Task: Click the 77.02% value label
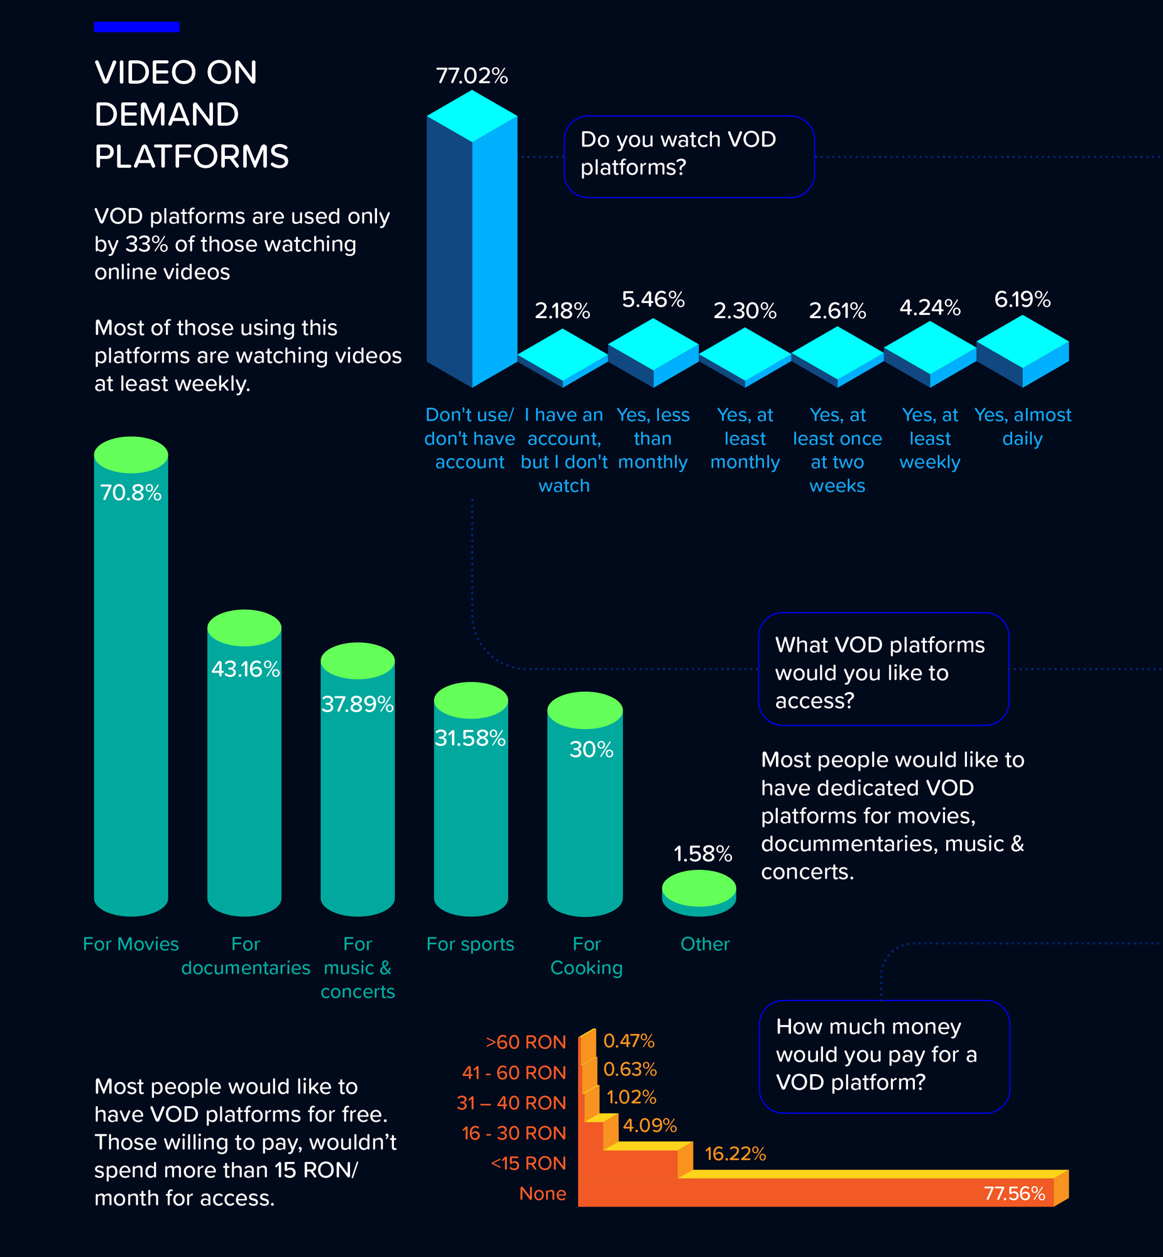click(x=471, y=76)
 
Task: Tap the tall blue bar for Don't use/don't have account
click(x=472, y=252)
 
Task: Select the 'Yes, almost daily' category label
click(x=1022, y=427)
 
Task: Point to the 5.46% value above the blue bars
click(x=653, y=300)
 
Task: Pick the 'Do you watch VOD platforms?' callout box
click(x=689, y=156)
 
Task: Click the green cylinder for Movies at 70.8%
click(x=131, y=680)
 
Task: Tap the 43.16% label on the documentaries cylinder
click(x=245, y=669)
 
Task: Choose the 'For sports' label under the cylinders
click(x=470, y=944)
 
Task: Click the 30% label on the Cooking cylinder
click(x=591, y=750)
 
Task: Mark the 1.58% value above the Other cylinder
click(x=702, y=854)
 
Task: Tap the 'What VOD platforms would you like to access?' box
click(x=883, y=669)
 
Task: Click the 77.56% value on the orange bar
click(x=1014, y=1194)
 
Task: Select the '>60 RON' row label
click(x=525, y=1042)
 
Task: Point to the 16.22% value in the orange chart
click(x=734, y=1154)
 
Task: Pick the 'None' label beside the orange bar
click(x=542, y=1194)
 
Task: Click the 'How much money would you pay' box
click(x=883, y=1057)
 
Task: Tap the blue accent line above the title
click(x=136, y=26)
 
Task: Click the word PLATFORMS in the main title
click(x=191, y=156)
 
